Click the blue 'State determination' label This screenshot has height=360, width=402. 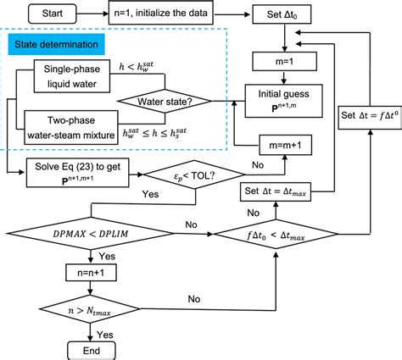coord(55,42)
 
